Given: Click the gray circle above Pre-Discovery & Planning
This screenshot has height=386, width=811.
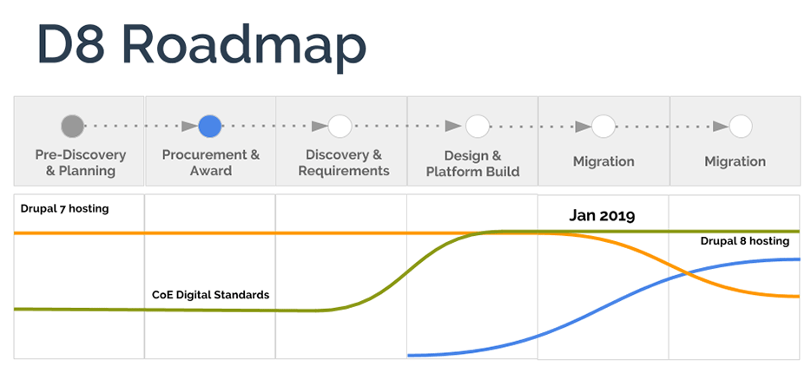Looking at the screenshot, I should [x=73, y=127].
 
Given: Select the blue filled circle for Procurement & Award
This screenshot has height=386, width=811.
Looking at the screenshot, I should [x=210, y=127].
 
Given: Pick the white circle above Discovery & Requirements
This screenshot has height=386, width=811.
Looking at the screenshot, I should [x=340, y=127].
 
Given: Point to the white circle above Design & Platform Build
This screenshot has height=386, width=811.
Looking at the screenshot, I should [x=477, y=127].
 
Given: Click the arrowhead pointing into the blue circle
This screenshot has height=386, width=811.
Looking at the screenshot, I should [x=189, y=127].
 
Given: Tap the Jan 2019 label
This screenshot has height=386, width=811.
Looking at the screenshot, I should [x=602, y=215].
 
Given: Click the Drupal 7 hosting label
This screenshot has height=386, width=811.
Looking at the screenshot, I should [x=65, y=208].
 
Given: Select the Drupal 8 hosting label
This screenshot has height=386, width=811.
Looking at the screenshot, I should [x=744, y=241].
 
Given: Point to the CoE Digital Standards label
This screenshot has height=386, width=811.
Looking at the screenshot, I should [x=210, y=295].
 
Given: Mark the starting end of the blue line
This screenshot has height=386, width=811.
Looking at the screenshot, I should [x=410, y=355].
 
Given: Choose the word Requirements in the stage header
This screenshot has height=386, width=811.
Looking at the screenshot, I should [x=344, y=171].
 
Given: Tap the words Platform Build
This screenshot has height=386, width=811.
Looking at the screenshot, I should [x=472, y=172].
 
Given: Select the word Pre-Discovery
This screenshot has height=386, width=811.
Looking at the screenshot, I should [x=81, y=155].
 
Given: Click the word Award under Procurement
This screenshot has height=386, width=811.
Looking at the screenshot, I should [x=211, y=171].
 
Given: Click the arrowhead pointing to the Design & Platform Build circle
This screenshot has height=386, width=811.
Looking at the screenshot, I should [x=452, y=127].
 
